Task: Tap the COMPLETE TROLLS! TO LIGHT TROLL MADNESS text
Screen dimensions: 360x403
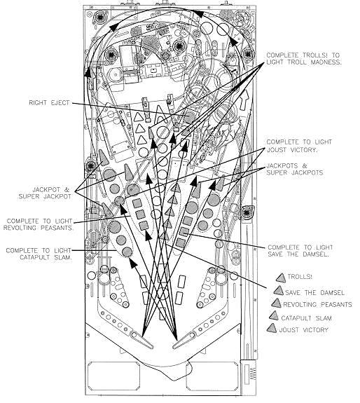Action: (304, 59)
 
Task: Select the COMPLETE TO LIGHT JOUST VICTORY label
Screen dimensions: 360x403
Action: (299, 146)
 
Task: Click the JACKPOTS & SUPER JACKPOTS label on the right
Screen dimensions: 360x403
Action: (295, 169)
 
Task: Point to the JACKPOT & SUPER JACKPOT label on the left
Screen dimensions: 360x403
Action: (45, 193)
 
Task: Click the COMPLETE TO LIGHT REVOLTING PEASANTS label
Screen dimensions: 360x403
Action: (39, 224)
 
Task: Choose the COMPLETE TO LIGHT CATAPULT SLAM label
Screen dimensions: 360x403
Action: (39, 254)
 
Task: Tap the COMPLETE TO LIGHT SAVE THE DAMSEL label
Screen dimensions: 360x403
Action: (300, 251)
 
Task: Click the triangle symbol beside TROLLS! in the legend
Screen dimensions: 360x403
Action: (281, 278)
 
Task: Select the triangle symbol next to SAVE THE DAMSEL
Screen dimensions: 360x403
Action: (278, 291)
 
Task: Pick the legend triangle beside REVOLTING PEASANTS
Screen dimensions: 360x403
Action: (276, 303)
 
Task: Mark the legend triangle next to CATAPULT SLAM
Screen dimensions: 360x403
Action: (274, 316)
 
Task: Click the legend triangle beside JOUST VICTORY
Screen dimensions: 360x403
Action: (272, 328)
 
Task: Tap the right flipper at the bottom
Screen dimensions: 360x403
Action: (184, 340)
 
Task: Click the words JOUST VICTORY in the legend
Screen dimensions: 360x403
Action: (304, 330)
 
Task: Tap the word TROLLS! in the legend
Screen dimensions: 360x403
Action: (300, 277)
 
